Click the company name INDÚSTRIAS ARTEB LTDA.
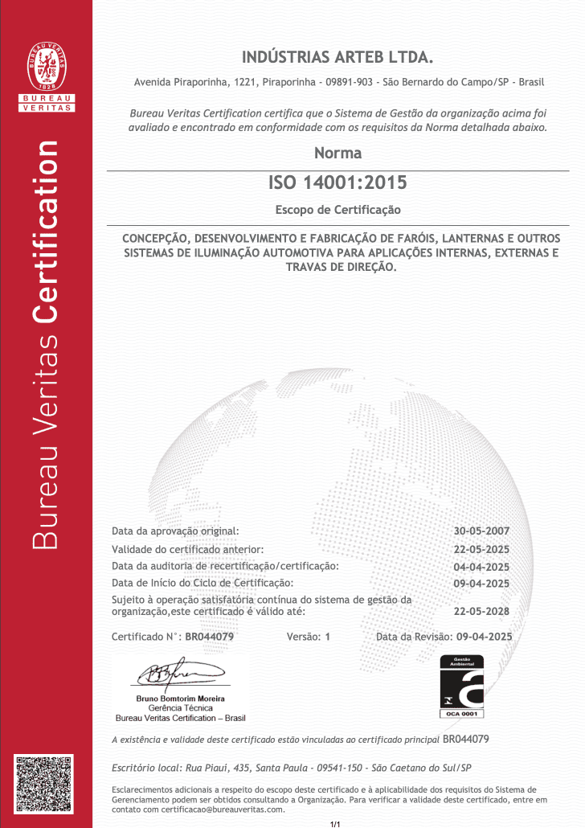pyautogui.click(x=337, y=57)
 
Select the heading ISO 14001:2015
pyautogui.click(x=337, y=182)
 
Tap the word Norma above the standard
pyautogui.click(x=337, y=153)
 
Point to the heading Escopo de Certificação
pyautogui.click(x=337, y=210)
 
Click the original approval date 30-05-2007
pyautogui.click(x=481, y=531)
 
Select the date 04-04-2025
pyautogui.click(x=481, y=567)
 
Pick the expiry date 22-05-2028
pyautogui.click(x=481, y=610)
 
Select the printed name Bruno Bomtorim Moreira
pyautogui.click(x=181, y=699)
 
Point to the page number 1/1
pyautogui.click(x=336, y=824)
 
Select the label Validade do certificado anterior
pyautogui.click(x=188, y=549)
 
